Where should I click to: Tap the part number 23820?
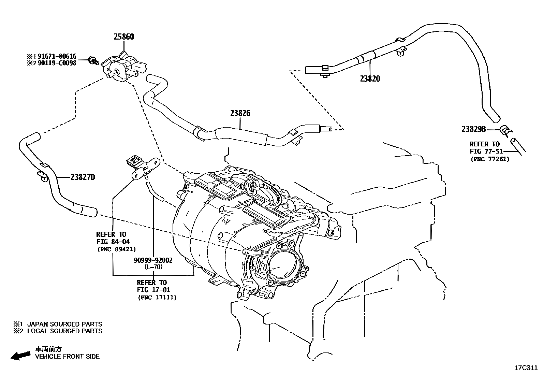[370, 79]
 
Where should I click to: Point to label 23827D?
[83, 177]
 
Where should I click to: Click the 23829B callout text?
[473, 129]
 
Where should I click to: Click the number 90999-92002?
[153, 260]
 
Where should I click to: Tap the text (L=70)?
[153, 267]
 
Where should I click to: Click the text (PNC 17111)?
[157, 298]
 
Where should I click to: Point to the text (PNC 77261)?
[490, 159]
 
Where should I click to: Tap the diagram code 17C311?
[526, 368]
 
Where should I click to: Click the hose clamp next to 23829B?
[504, 130]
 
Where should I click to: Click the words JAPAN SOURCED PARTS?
[64, 324]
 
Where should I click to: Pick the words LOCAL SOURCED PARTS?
[64, 331]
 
